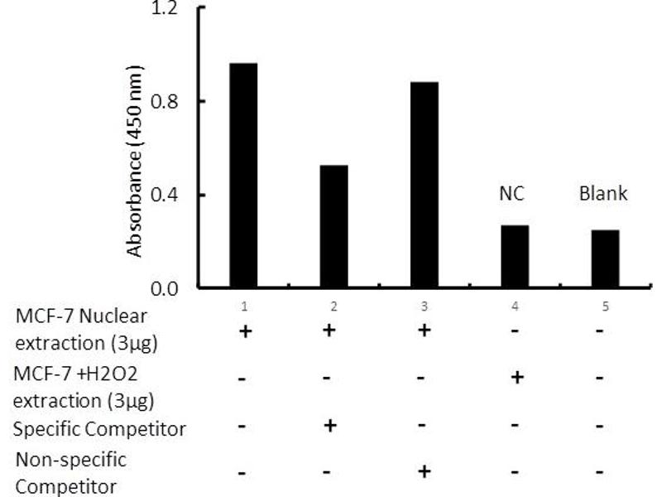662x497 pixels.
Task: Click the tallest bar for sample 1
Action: pos(244,176)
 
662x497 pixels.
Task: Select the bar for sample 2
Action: pos(334,226)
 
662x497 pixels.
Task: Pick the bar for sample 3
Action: pos(425,185)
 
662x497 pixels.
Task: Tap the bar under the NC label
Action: pos(515,256)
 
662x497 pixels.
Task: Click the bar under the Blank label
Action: pos(605,258)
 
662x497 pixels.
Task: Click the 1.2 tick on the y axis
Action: pos(165,9)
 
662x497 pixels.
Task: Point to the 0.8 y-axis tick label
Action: pos(165,102)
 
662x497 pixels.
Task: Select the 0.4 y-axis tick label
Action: pos(165,195)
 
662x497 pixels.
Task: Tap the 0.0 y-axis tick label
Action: pos(165,289)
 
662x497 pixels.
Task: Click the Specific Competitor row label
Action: pos(99,429)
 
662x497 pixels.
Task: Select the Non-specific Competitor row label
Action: pos(70,472)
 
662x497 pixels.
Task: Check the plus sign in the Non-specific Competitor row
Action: pos(425,471)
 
